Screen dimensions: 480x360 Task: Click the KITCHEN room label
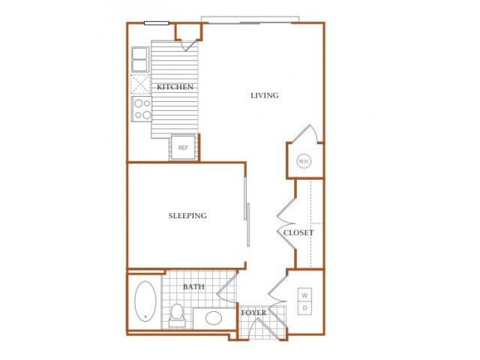[x=175, y=87]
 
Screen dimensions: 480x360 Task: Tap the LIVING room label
[x=265, y=95]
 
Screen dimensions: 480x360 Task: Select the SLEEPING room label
[x=187, y=215]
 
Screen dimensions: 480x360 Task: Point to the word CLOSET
[x=298, y=233]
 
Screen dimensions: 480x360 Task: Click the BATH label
[x=193, y=286]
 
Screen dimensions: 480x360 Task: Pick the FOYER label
[x=253, y=313]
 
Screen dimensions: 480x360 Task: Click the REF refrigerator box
[x=183, y=148]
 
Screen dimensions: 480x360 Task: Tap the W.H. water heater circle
[x=304, y=161]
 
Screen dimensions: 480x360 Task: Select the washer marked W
[x=304, y=295]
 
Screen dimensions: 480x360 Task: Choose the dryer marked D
[x=304, y=308]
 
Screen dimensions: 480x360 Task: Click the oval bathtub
[x=145, y=301]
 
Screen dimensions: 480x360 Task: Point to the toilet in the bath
[x=177, y=315]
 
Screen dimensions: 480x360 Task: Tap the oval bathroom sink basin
[x=214, y=318]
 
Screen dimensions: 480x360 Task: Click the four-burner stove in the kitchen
[x=142, y=109]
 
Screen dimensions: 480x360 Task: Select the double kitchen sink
[x=140, y=60]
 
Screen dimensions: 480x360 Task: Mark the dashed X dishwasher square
[x=140, y=84]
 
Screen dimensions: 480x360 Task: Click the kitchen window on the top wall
[x=157, y=23]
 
